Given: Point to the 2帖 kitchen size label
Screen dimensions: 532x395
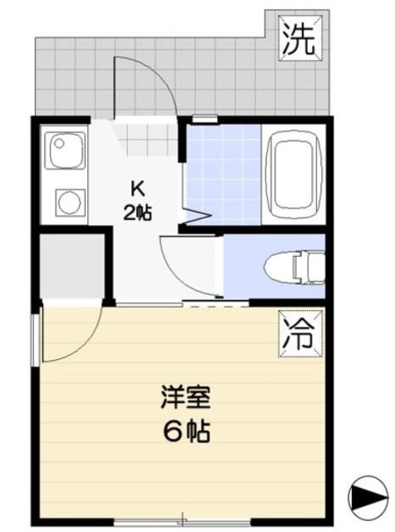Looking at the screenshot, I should [x=137, y=212].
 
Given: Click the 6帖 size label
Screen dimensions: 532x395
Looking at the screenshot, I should [x=185, y=432].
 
